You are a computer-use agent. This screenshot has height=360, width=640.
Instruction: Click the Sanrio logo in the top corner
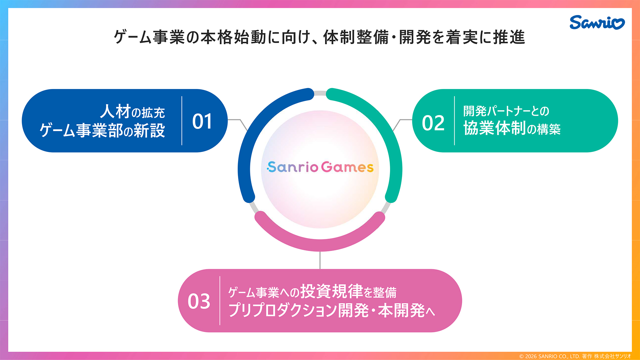click(597, 22)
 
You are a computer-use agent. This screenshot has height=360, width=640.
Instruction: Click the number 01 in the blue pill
click(202, 121)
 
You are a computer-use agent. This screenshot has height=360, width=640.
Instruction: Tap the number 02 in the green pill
click(433, 123)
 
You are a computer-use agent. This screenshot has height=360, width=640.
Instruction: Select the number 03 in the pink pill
click(199, 301)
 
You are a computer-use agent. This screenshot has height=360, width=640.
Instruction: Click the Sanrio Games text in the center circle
click(320, 167)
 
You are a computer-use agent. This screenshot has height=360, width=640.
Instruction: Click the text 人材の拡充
click(132, 112)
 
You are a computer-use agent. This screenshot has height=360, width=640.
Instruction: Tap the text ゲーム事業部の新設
click(102, 130)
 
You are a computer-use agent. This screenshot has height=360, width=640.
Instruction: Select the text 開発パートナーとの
click(506, 111)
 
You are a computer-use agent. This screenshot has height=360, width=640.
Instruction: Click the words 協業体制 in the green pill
click(495, 128)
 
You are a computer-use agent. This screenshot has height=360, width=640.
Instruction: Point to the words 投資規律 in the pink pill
click(331, 292)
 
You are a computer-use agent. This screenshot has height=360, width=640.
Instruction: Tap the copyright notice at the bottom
click(575, 356)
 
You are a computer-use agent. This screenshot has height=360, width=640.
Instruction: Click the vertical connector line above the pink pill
click(320, 260)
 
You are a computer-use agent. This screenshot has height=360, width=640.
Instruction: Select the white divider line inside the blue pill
click(182, 121)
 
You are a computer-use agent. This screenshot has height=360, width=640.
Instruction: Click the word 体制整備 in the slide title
click(356, 37)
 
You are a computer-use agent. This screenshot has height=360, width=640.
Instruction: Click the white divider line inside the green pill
click(454, 121)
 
